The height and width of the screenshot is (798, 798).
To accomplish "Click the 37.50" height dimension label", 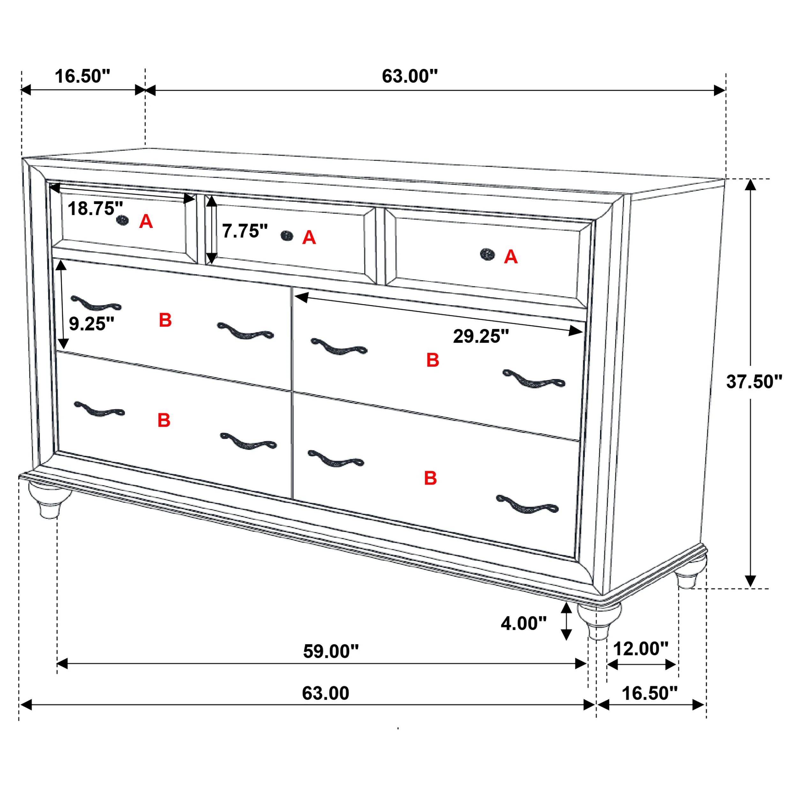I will tap(754, 382).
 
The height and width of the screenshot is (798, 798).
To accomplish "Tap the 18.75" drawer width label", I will tap(95, 208).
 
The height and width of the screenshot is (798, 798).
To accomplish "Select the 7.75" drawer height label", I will tap(245, 231).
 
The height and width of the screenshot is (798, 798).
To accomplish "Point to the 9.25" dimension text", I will tap(91, 324).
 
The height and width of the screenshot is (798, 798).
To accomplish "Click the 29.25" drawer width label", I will tap(481, 336).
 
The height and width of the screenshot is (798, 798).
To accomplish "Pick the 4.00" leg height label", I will tap(523, 623).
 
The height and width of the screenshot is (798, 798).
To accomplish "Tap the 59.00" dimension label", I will tap(331, 651).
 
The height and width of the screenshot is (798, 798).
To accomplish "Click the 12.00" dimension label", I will tap(641, 649).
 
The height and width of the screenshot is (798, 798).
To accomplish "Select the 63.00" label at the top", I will tap(409, 76).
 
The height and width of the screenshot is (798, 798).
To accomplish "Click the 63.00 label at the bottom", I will tap(326, 693).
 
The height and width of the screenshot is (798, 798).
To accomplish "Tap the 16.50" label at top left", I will tap(83, 76).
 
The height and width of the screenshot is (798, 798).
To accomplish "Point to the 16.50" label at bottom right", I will tap(649, 693).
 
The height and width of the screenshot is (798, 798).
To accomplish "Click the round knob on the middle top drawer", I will tap(287, 236).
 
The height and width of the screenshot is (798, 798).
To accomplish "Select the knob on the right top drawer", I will tap(487, 254).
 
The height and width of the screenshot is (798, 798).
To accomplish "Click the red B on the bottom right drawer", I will tap(430, 478).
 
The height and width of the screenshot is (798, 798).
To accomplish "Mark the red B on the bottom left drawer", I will tap(163, 420).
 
